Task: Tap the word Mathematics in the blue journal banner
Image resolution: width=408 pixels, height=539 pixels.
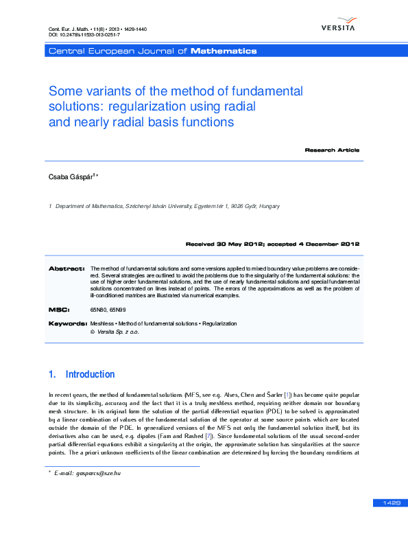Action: [x=224, y=51]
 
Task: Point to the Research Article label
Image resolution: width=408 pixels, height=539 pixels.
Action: [x=332, y=150]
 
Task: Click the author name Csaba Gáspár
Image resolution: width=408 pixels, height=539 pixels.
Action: [x=71, y=177]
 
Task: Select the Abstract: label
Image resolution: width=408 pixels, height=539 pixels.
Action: [x=67, y=268]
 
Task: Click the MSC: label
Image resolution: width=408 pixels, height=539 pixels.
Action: [x=59, y=310]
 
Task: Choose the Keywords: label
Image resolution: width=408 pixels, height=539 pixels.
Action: [x=67, y=323]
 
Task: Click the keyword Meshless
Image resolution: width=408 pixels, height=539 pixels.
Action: [x=102, y=323]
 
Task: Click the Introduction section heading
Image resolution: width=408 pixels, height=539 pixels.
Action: [x=90, y=374]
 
